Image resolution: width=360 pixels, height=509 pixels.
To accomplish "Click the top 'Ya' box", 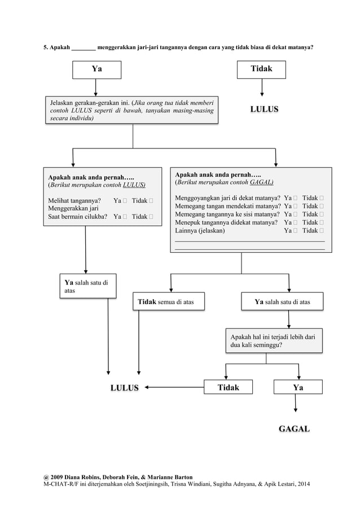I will [x=96, y=69].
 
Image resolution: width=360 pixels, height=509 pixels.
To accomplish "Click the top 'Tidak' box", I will [x=261, y=69].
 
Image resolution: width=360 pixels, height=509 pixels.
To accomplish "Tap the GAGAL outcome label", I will [x=294, y=429].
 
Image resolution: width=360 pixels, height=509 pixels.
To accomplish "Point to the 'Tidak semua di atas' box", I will [x=169, y=302].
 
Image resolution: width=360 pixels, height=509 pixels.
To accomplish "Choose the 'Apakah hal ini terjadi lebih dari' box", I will [x=274, y=340].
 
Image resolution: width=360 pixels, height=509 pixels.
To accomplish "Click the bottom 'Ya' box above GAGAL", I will [x=298, y=388].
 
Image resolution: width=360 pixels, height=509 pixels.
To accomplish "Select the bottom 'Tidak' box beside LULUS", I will [x=229, y=388].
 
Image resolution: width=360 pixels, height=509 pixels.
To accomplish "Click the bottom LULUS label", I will [x=124, y=388].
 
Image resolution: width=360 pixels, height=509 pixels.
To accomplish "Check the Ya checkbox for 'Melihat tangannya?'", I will [x=125, y=200].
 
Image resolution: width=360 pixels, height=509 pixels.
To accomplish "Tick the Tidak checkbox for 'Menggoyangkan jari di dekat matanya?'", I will [x=321, y=198].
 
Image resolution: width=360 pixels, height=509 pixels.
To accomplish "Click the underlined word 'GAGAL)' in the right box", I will [x=261, y=183].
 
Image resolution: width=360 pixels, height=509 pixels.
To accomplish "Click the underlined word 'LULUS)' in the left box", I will [x=134, y=185].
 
